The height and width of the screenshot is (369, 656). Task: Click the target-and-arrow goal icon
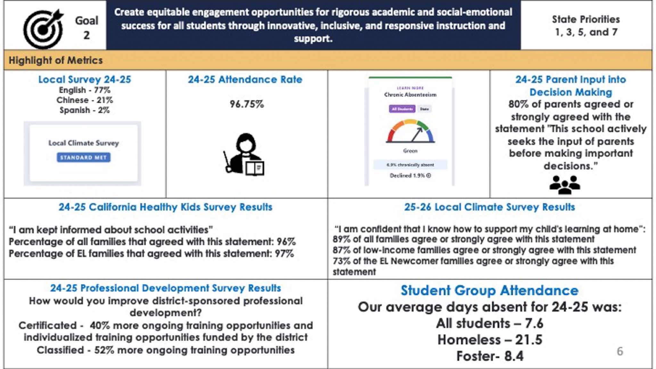[x=43, y=29]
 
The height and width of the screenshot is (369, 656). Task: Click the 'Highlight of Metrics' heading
[x=55, y=60]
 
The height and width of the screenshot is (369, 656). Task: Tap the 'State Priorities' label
[x=586, y=19]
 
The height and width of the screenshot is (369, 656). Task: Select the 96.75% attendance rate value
[x=247, y=104]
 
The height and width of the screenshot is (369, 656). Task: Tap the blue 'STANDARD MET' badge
[x=84, y=157]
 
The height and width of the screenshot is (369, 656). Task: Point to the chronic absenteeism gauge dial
[x=410, y=131]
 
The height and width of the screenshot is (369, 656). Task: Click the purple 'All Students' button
[x=402, y=109]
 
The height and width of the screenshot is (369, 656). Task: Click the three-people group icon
[x=564, y=185]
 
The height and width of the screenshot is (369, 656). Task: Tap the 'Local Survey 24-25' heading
[x=85, y=79]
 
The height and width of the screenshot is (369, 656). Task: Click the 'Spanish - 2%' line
[x=85, y=110]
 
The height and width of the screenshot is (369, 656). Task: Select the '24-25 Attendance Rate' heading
[x=245, y=79]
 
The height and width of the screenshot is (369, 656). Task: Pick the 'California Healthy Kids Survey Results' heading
[x=165, y=207]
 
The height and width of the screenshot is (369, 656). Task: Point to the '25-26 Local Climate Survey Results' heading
[x=489, y=207]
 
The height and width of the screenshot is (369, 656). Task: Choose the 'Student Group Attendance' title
[x=489, y=290]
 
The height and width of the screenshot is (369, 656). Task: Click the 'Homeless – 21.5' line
[x=490, y=340]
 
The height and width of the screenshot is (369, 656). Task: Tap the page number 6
[x=620, y=351]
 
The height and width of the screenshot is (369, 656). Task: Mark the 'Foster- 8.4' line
[x=490, y=356]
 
